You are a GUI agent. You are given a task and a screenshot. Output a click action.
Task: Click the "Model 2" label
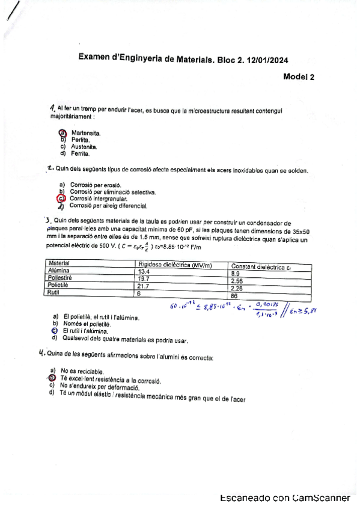click(299, 76)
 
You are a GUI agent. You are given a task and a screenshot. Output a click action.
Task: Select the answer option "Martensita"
click(85, 132)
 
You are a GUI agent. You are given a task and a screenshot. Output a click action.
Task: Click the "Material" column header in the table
click(59, 263)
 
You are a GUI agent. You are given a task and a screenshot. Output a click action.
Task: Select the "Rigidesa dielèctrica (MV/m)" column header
click(175, 264)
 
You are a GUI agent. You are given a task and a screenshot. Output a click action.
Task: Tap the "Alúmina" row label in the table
click(59, 272)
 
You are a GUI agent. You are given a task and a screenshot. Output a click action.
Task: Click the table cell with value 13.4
click(144, 272)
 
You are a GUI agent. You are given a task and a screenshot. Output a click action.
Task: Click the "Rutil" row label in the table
click(55, 292)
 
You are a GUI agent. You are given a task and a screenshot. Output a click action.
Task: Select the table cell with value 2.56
click(237, 280)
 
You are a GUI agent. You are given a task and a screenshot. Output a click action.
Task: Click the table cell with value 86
click(234, 295)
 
